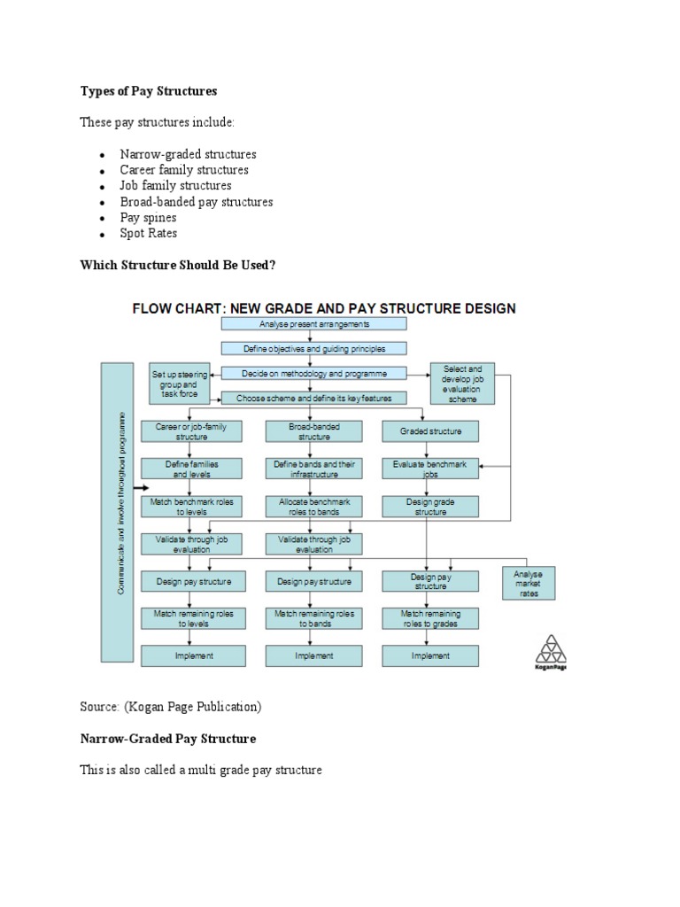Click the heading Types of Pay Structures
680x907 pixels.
148,91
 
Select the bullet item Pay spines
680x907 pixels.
148,217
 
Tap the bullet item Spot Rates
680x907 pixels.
149,233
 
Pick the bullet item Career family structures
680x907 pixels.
184,169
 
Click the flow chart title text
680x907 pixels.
324,308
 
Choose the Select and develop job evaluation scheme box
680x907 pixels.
462,384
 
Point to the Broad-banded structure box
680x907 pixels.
313,431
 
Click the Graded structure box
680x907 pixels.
430,431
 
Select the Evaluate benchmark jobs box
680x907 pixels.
430,469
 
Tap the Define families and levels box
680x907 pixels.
191,469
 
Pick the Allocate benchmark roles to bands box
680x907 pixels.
313,506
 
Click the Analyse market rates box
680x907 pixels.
528,584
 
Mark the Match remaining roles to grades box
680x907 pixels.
430,617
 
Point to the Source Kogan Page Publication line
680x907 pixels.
171,706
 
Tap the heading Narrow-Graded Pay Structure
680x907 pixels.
168,738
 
